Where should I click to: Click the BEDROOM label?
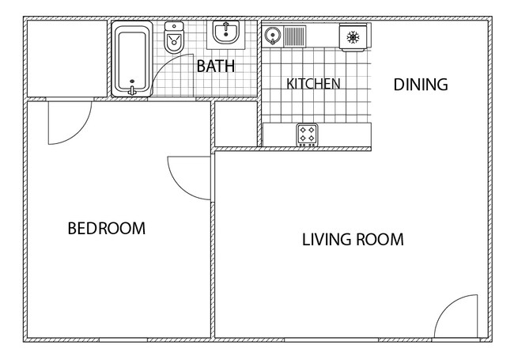107,229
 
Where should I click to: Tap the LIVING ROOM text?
353,240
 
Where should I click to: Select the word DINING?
421,85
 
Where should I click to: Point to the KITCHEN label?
313,84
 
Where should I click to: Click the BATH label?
216,66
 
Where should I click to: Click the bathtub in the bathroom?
132,59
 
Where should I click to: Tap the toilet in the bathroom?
174,38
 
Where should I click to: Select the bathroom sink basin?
226,32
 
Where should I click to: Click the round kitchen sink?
272,36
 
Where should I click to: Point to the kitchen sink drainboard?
294,36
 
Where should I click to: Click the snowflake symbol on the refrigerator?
353,37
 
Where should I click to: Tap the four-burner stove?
307,135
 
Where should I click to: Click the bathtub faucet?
132,90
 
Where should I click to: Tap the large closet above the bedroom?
67,59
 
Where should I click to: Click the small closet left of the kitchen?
236,123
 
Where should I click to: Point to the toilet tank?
174,26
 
